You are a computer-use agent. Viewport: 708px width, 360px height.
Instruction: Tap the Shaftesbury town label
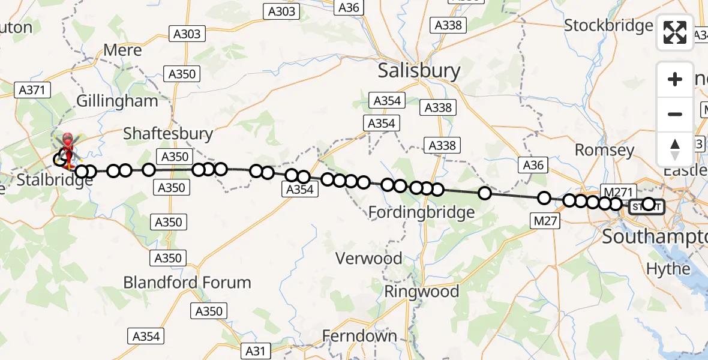pyautogui.click(x=167, y=133)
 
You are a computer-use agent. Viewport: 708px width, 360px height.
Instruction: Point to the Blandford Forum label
pyautogui.click(x=187, y=282)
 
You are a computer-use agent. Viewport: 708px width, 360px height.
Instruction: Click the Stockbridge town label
pyautogui.click(x=608, y=26)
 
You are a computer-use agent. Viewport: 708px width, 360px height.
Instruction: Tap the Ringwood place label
pyautogui.click(x=421, y=292)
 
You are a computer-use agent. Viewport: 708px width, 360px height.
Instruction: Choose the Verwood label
pyautogui.click(x=369, y=259)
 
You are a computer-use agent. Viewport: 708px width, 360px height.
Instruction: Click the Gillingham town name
pyautogui.click(x=117, y=101)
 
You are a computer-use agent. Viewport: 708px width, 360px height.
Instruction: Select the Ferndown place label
pyautogui.click(x=359, y=336)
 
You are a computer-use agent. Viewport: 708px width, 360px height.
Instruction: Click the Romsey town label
pyautogui.click(x=604, y=150)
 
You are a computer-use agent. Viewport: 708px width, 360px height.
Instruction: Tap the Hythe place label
pyautogui.click(x=668, y=269)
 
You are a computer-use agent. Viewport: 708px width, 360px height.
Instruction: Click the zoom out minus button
pyautogui.click(x=675, y=114)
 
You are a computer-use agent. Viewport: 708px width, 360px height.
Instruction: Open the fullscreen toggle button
pyautogui.click(x=675, y=32)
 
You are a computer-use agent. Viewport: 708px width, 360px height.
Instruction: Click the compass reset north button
pyautogui.click(x=675, y=149)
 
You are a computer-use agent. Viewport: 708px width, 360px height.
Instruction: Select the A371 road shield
pyautogui.click(x=32, y=90)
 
